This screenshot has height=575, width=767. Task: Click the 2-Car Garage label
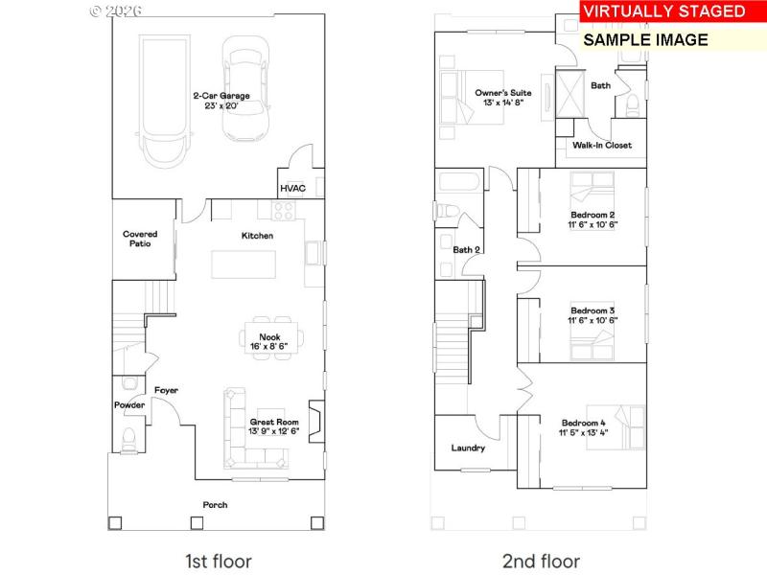[221, 95]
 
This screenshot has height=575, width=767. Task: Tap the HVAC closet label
[292, 188]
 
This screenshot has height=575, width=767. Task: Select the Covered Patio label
[140, 239]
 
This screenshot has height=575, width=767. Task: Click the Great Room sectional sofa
[236, 431]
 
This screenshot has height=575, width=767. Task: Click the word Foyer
[166, 390]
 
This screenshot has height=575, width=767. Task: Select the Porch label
[215, 504]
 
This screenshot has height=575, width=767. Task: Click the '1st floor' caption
[219, 561]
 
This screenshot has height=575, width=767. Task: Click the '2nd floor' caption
[541, 561]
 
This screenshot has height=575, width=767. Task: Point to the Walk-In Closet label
[602, 146]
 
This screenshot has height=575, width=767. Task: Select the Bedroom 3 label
[593, 310]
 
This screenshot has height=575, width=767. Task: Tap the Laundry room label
[468, 448]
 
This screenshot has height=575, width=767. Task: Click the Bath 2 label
[467, 250]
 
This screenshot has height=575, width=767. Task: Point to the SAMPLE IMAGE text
[645, 39]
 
